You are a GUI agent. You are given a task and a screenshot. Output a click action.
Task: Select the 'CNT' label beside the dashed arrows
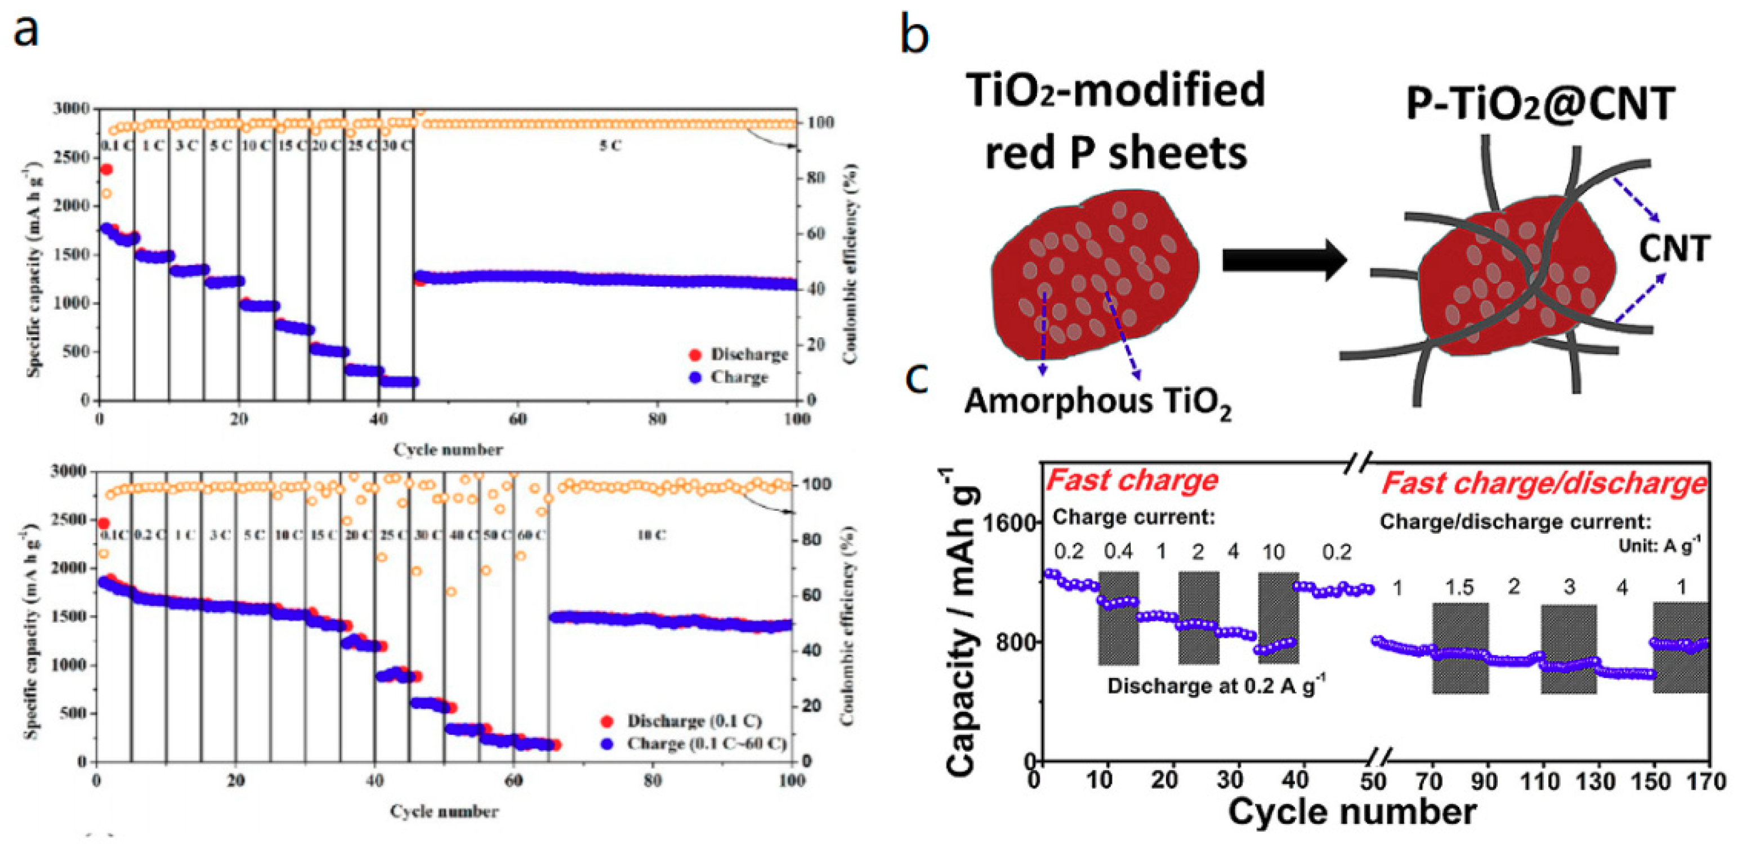click(x=1675, y=249)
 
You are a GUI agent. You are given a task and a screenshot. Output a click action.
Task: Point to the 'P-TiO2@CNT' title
click(x=1539, y=105)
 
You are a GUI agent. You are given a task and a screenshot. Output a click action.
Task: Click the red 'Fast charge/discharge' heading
click(x=1543, y=483)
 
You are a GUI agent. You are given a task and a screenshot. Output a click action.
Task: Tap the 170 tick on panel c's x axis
click(x=1709, y=782)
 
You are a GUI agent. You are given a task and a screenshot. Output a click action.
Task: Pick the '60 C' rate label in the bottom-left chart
click(x=531, y=535)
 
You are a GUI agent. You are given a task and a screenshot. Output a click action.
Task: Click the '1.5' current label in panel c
click(x=1459, y=587)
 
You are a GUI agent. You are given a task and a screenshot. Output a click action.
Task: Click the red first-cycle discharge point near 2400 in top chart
click(x=106, y=169)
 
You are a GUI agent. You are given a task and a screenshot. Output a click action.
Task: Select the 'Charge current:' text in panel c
click(x=1133, y=517)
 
